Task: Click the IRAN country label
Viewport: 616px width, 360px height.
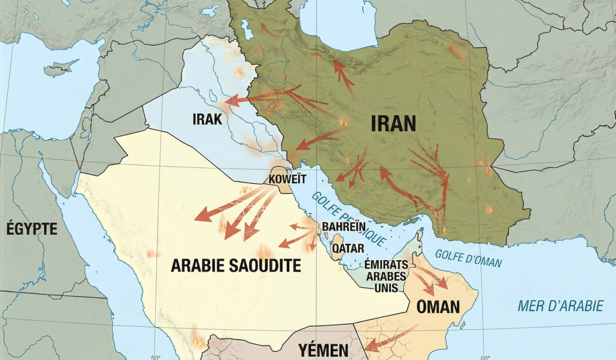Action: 393,123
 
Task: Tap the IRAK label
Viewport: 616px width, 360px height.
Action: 208,119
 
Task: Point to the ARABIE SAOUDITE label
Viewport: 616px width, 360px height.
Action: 236,265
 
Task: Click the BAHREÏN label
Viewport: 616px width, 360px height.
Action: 343,226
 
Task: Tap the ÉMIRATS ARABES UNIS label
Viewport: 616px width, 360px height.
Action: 386,276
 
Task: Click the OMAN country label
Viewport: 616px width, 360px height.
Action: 438,307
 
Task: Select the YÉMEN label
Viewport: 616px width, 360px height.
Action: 323,350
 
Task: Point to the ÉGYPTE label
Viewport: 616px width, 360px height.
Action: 31,229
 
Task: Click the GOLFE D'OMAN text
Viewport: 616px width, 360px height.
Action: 467,258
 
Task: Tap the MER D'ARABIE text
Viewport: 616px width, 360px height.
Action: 560,306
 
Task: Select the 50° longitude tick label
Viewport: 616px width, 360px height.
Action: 155,356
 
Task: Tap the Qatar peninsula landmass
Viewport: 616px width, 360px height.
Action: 336,248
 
